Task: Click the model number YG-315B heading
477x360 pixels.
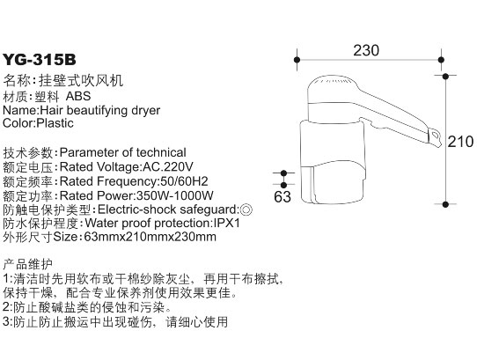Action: pyautogui.click(x=40, y=60)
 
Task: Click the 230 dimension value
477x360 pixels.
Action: pyautogui.click(x=366, y=50)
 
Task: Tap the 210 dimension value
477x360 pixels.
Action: pyautogui.click(x=460, y=142)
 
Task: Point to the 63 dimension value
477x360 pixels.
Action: pyautogui.click(x=283, y=196)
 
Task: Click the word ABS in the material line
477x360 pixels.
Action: pyautogui.click(x=78, y=96)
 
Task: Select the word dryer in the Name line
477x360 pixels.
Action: pyautogui.click(x=146, y=110)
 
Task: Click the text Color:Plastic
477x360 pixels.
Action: pyautogui.click(x=39, y=123)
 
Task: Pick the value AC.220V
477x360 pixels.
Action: pyautogui.click(x=168, y=166)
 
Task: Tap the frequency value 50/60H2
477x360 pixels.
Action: pyautogui.click(x=183, y=181)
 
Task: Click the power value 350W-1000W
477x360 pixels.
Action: pyautogui.click(x=175, y=195)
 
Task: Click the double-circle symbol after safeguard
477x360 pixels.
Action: pyautogui.click(x=246, y=209)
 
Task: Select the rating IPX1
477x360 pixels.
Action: pyautogui.click(x=227, y=223)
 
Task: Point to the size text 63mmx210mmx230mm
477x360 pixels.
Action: pyautogui.click(x=150, y=237)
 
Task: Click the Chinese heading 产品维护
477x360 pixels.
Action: pyautogui.click(x=28, y=264)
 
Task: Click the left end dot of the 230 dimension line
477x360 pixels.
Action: pyautogui.click(x=297, y=60)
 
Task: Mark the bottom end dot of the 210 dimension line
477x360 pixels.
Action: pyautogui.click(x=445, y=204)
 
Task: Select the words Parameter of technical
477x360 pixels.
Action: pyautogui.click(x=123, y=152)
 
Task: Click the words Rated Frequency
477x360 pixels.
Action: pyautogui.click(x=107, y=181)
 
